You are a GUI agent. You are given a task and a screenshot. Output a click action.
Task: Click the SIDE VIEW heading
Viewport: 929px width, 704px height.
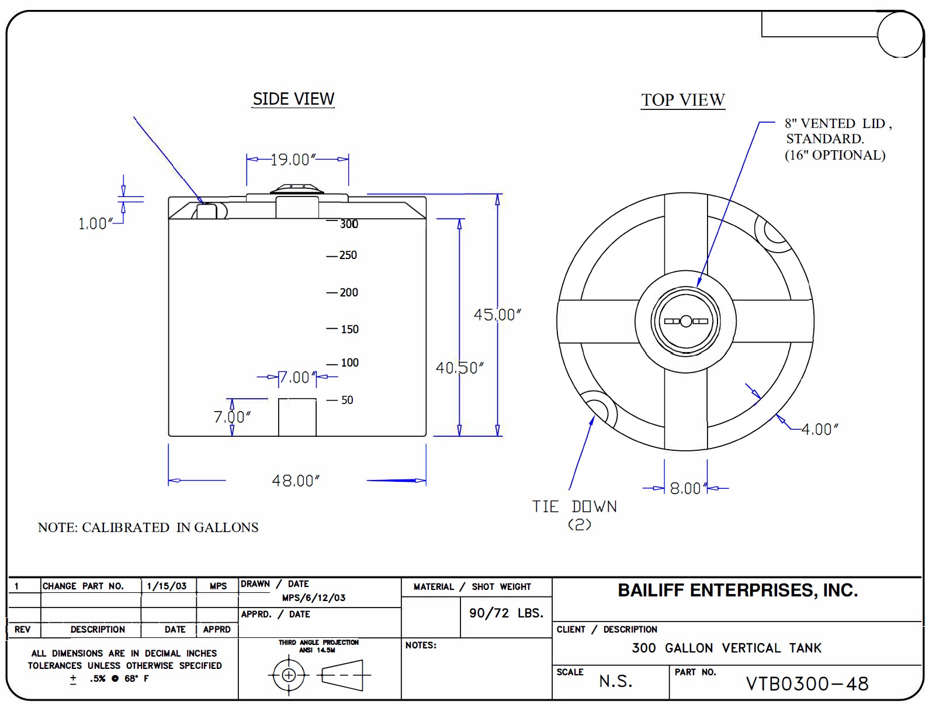pos(293,99)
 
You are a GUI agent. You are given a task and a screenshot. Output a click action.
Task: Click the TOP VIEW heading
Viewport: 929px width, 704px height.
pos(682,100)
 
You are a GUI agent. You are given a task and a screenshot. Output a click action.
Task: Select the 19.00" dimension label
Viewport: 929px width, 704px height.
pos(293,160)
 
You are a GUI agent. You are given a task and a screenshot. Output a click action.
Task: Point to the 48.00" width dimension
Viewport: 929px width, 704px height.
pos(296,481)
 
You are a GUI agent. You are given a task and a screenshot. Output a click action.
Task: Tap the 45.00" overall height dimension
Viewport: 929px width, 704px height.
pos(497,315)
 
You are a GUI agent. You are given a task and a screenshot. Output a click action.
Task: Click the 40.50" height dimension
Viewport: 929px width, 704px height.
pos(460,368)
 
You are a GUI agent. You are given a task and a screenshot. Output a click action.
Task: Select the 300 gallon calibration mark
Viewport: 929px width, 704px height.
pos(349,224)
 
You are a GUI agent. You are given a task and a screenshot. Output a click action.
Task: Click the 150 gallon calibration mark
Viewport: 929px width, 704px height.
pos(349,329)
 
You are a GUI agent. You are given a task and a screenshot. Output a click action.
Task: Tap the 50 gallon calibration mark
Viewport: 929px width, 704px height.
pos(347,400)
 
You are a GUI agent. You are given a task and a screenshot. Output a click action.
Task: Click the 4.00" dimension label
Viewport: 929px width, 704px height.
pos(820,429)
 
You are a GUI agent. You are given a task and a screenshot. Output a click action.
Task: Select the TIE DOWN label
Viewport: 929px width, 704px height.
pos(574,507)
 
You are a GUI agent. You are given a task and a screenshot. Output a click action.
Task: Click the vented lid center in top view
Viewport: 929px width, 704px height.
pos(686,321)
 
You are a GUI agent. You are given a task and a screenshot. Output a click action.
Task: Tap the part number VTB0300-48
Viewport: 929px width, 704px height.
pos(807,683)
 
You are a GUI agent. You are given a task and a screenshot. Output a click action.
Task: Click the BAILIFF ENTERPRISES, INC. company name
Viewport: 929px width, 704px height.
pos(737,591)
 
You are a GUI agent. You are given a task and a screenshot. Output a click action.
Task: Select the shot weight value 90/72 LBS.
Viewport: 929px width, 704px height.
pos(506,613)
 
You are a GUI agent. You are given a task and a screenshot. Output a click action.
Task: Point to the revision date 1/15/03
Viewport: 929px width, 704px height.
pos(167,586)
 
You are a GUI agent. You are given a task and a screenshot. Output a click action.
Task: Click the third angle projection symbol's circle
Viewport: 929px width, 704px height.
pos(289,675)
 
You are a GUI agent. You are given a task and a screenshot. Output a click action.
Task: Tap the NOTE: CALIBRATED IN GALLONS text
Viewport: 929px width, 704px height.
pos(148,527)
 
